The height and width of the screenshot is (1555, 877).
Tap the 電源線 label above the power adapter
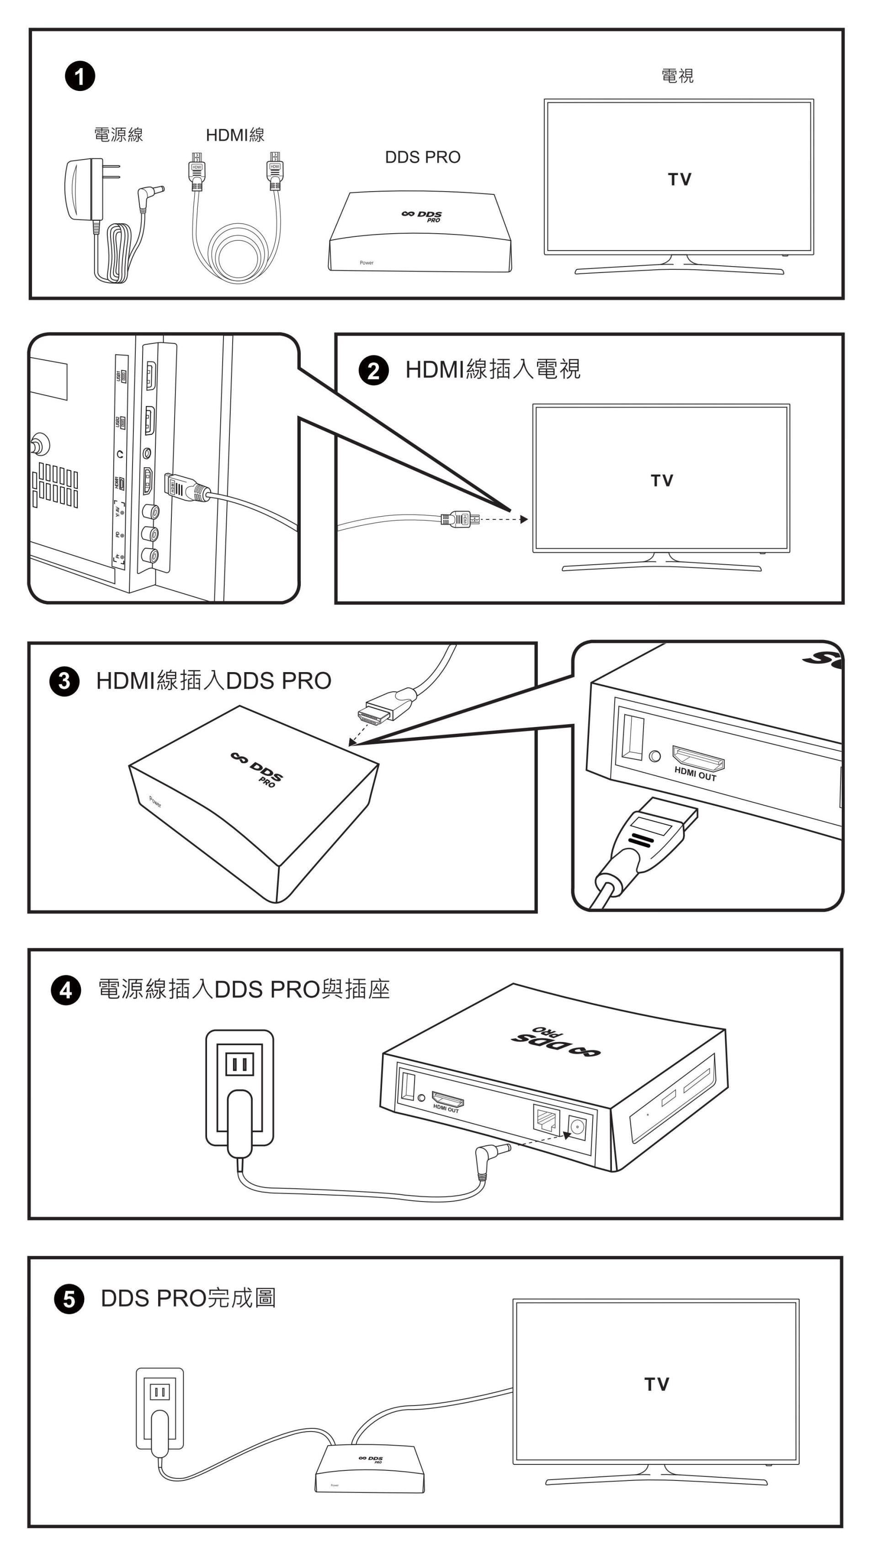(118, 134)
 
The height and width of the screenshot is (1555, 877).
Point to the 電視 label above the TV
(677, 76)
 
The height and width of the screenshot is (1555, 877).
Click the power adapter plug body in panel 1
(83, 189)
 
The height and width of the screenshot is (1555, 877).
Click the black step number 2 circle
(374, 370)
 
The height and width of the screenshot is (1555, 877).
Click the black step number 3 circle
(64, 682)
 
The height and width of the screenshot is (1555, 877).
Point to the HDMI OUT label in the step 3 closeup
(695, 774)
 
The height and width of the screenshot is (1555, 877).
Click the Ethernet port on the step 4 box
(546, 1118)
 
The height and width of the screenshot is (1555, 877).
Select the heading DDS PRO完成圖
(188, 1298)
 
